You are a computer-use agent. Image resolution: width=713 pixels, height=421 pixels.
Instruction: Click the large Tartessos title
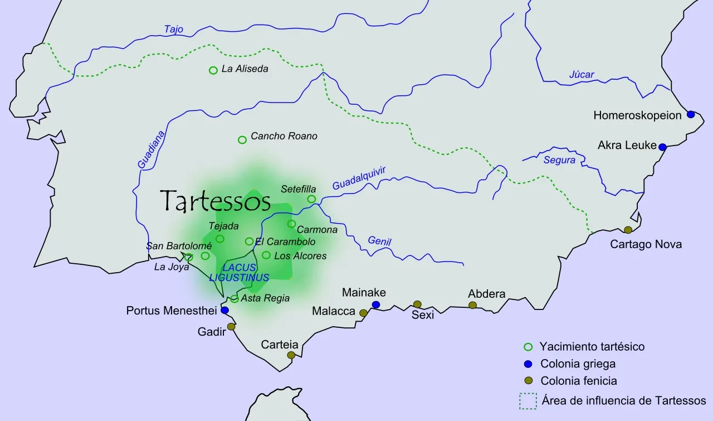(215, 201)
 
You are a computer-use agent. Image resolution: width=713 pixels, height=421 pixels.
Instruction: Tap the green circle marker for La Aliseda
(213, 70)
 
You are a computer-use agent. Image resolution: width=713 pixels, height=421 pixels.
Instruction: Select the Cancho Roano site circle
(242, 139)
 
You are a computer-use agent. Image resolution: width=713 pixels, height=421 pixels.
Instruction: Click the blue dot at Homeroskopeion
(691, 114)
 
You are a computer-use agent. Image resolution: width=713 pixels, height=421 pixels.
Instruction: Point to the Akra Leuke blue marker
(662, 147)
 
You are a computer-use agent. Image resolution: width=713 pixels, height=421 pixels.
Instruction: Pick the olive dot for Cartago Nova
(628, 230)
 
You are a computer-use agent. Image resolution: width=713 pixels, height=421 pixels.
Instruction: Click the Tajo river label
(173, 30)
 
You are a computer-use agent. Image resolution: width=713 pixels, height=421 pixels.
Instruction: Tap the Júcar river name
(582, 75)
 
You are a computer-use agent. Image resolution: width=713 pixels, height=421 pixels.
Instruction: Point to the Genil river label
(379, 241)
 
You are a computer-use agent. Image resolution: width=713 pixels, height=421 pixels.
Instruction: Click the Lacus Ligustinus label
(239, 273)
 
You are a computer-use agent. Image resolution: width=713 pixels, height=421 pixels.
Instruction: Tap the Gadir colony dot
(231, 327)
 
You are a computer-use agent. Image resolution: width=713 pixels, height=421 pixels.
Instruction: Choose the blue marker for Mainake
(376, 304)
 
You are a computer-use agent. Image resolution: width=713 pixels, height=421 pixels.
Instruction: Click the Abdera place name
(486, 294)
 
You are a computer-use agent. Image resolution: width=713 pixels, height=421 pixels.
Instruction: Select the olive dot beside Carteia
(291, 355)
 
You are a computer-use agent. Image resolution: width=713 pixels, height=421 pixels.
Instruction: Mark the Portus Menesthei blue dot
(224, 310)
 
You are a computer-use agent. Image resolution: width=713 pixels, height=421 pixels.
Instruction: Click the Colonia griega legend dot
(529, 364)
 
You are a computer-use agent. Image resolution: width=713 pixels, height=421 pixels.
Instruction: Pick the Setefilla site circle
(311, 199)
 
